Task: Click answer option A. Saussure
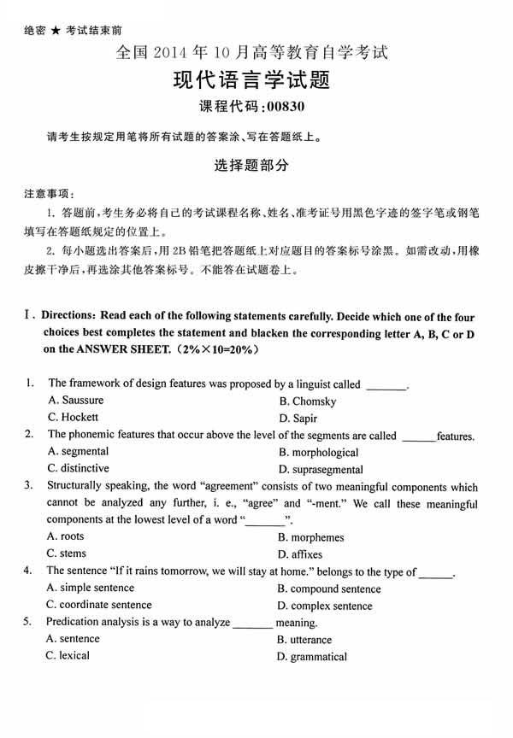tap(76, 400)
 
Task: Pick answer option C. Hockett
tap(74, 417)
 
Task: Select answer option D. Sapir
tap(298, 418)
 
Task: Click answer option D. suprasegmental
tap(321, 469)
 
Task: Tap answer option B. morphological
tap(318, 452)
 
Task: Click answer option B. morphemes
tap(310, 537)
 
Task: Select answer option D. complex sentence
tap(325, 606)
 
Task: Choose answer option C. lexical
tap(68, 655)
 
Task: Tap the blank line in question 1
tap(386, 385)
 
